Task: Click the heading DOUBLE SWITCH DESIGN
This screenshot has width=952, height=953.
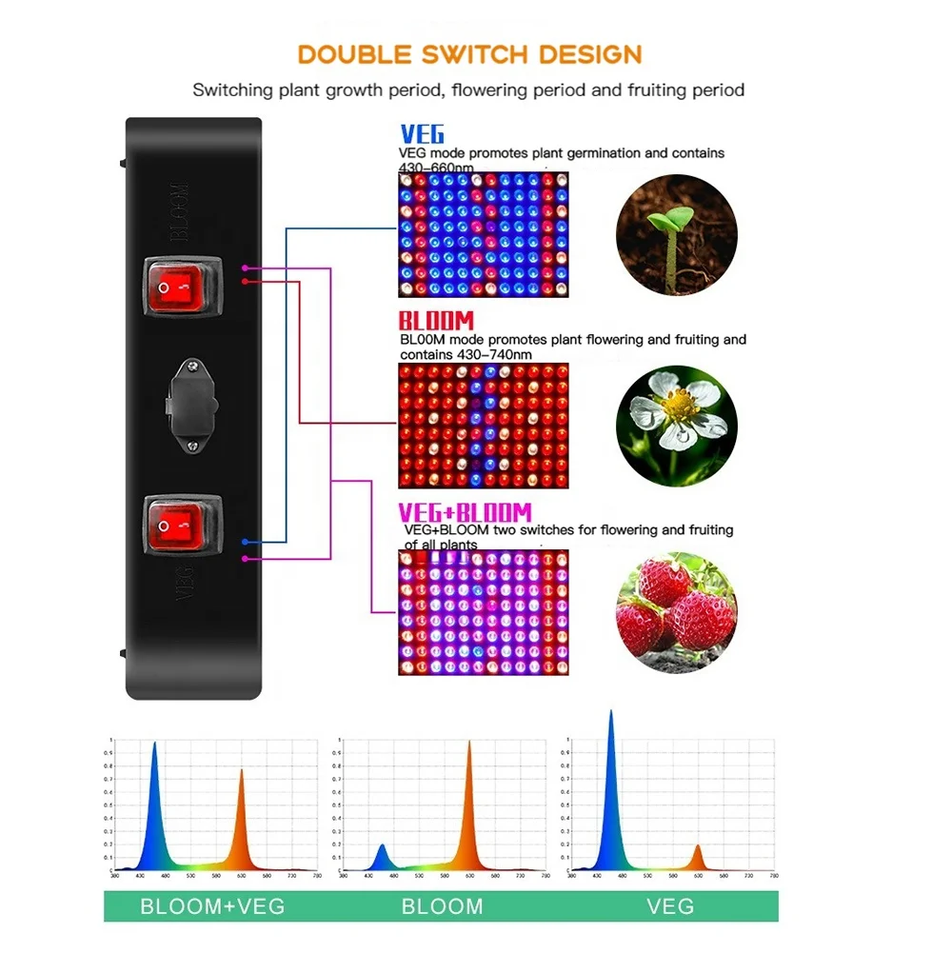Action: point(470,53)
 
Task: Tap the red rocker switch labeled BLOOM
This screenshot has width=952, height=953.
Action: point(182,286)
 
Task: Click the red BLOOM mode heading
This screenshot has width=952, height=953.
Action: point(436,322)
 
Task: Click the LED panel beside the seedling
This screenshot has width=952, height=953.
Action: point(483,234)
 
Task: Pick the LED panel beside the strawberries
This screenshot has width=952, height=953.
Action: point(483,611)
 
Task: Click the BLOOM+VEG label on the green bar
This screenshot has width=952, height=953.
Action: point(212,905)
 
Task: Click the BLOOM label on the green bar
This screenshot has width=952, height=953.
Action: point(442,905)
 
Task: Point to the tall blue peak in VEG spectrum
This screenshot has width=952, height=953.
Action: point(610,724)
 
